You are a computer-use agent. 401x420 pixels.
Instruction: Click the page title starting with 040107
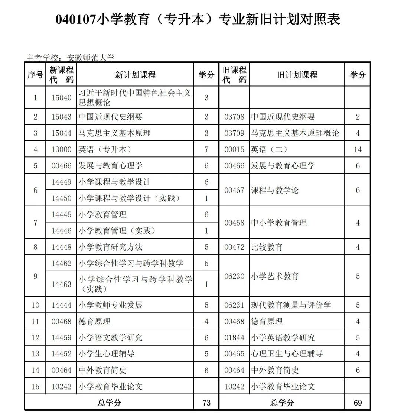198,19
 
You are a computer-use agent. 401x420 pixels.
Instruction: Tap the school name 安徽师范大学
91,58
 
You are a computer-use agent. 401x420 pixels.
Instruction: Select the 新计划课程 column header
135,75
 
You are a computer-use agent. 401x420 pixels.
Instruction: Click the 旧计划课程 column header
297,75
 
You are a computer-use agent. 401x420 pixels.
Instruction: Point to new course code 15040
61,98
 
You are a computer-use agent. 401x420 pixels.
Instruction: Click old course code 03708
234,117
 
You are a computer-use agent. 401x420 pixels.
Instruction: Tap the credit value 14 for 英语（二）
358,149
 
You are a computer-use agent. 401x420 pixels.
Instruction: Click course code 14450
61,198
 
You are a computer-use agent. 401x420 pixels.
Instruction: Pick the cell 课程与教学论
275,190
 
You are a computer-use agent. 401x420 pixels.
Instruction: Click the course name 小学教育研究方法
111,247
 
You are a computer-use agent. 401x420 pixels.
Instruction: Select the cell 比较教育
267,247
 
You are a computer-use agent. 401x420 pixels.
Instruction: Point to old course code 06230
234,276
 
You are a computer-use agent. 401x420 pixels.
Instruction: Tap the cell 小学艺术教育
275,276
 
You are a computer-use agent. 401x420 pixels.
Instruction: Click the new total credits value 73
206,403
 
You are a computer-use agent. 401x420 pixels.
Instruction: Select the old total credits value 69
358,403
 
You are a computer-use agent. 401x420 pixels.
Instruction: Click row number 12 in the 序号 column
35,338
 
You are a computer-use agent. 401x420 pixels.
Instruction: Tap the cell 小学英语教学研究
283,338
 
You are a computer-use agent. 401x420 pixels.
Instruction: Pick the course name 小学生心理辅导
107,354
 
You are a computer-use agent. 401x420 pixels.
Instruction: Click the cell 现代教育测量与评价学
291,305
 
